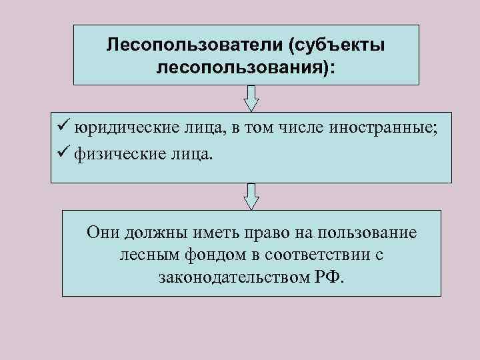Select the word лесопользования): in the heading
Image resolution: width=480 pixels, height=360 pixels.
(x=246, y=69)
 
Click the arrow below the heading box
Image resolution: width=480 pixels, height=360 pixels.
(x=251, y=98)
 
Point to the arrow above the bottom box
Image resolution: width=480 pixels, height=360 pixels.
(x=251, y=196)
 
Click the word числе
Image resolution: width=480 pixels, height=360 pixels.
(x=298, y=127)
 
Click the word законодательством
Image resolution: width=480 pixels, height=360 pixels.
(x=234, y=277)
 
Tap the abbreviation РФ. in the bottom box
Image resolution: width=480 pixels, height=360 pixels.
(x=329, y=277)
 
